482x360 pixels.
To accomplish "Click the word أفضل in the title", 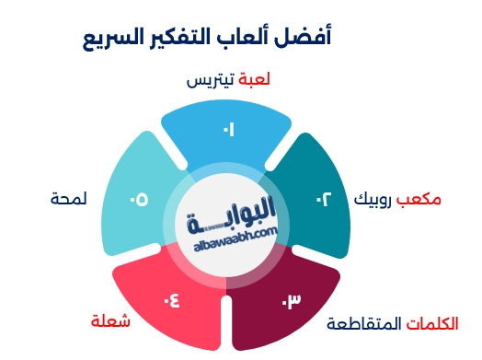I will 311,38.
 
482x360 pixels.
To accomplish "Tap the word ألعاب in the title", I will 259,38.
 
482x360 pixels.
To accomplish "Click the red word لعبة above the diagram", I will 254,80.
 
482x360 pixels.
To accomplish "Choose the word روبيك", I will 377,199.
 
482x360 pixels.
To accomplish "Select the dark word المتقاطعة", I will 365,323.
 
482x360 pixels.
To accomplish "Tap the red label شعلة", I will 110,321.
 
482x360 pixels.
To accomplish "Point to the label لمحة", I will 69,199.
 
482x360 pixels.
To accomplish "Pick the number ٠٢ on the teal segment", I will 325,200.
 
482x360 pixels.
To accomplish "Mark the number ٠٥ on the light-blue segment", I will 139,200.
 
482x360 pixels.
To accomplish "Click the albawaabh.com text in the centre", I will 235,237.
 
